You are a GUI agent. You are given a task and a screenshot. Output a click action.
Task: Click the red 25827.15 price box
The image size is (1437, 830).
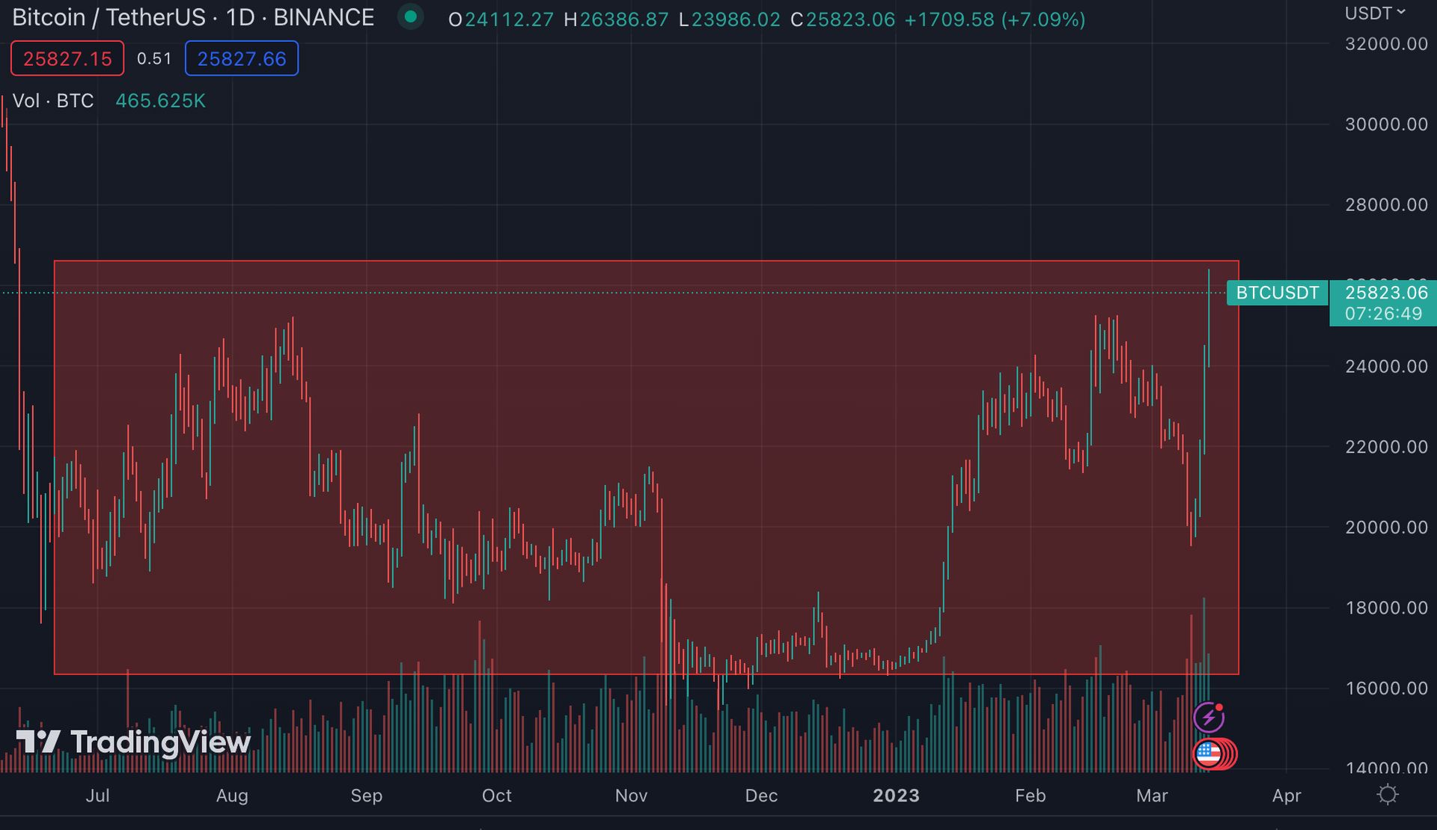tap(67, 59)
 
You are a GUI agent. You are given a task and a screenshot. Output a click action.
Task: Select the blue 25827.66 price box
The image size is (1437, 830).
tap(242, 59)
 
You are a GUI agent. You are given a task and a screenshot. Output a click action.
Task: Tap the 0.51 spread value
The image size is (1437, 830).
tap(154, 59)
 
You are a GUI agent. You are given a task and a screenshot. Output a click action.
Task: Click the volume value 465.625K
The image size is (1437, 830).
tap(160, 101)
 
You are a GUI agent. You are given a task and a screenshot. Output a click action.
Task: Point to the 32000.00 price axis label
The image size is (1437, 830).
tap(1386, 44)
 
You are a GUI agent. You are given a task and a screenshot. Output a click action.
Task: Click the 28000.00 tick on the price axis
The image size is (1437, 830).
tap(1386, 205)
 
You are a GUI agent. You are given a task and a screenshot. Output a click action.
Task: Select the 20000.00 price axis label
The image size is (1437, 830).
tap(1386, 528)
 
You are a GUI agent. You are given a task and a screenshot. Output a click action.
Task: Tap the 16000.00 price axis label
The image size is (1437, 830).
tap(1386, 689)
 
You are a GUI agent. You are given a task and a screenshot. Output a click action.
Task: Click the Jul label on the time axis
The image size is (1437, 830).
tap(97, 796)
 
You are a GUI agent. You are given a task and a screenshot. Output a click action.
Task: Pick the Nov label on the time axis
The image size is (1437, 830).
tap(631, 796)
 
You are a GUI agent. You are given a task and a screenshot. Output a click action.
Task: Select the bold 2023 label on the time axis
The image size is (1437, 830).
tap(896, 796)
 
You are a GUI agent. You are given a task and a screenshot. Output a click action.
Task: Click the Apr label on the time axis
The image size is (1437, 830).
tap(1286, 796)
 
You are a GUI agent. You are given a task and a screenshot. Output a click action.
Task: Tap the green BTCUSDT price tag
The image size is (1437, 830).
tap(1277, 293)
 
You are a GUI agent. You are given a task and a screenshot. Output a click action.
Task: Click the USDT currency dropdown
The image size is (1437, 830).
tap(1375, 13)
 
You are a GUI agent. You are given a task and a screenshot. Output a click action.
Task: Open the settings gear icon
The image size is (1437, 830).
tap(1387, 794)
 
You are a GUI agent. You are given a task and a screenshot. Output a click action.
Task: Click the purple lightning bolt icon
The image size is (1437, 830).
tap(1208, 718)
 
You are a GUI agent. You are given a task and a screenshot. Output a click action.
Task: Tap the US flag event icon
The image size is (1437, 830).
tap(1208, 754)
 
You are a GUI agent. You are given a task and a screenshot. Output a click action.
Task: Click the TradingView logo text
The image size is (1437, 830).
tap(160, 742)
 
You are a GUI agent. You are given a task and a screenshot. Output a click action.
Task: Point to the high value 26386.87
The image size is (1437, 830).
tap(623, 19)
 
